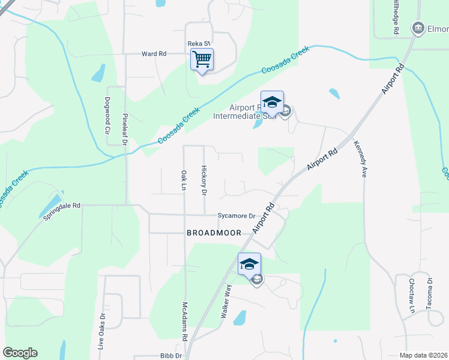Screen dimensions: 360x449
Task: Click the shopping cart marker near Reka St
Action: point(202,59)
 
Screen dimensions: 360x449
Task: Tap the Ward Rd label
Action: point(154,53)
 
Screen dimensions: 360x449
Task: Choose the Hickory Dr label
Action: point(204,181)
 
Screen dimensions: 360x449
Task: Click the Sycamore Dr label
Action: point(237,215)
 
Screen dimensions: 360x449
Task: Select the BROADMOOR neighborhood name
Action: point(214,232)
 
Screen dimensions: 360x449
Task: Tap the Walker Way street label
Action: point(228,304)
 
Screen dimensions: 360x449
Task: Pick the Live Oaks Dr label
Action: point(102,331)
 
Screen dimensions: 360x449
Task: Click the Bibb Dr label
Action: point(170,355)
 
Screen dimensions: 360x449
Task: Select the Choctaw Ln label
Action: point(412,295)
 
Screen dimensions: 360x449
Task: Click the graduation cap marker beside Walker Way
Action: point(249,263)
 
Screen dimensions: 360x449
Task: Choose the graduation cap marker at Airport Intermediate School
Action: point(272,101)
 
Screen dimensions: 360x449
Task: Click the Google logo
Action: point(20,353)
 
